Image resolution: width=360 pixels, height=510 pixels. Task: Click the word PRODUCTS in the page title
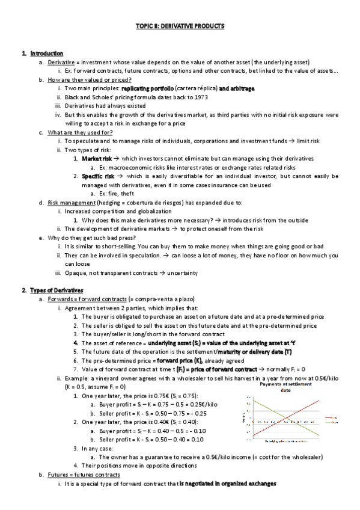point(208,26)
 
